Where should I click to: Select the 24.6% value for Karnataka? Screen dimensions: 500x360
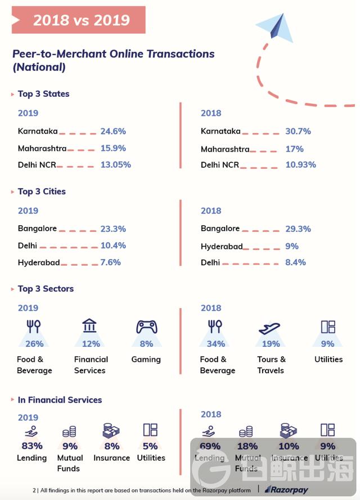tap(113, 131)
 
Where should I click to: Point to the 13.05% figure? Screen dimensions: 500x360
tap(116, 165)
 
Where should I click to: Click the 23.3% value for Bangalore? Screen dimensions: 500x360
tap(113, 229)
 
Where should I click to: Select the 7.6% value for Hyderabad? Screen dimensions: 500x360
tap(112, 263)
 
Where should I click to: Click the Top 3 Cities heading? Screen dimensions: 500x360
tap(42, 191)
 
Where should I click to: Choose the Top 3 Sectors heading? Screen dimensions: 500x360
tap(46, 289)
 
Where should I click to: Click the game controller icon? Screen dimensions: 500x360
tap(146, 327)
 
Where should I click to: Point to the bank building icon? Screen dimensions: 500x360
tap(89, 326)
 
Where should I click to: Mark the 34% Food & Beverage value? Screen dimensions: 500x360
tap(215, 344)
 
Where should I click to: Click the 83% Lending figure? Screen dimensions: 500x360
tap(31, 446)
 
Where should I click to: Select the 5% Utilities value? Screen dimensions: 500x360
tap(150, 446)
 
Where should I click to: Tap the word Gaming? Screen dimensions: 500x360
tap(146, 359)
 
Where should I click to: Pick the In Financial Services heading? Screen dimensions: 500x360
tap(60, 400)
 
